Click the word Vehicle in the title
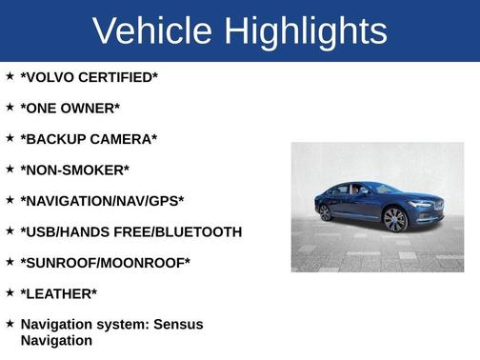(153, 31)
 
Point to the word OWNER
(90, 109)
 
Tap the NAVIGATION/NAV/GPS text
(102, 201)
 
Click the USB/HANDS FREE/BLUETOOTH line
(131, 231)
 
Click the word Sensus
(179, 325)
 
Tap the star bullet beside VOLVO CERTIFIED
(10, 76)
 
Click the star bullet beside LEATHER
(10, 292)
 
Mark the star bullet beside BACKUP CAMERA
(10, 138)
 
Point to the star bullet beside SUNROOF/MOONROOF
(10, 262)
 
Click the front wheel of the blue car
(395, 220)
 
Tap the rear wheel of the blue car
(326, 212)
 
